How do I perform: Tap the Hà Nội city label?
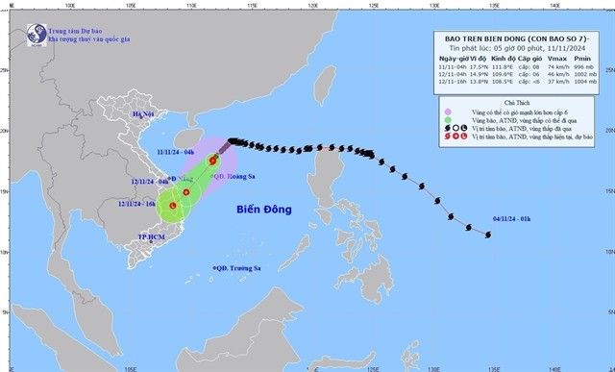[144, 113]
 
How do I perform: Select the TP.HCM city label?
[150, 236]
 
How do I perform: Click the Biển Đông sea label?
[263, 208]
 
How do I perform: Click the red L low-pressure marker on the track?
[173, 206]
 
